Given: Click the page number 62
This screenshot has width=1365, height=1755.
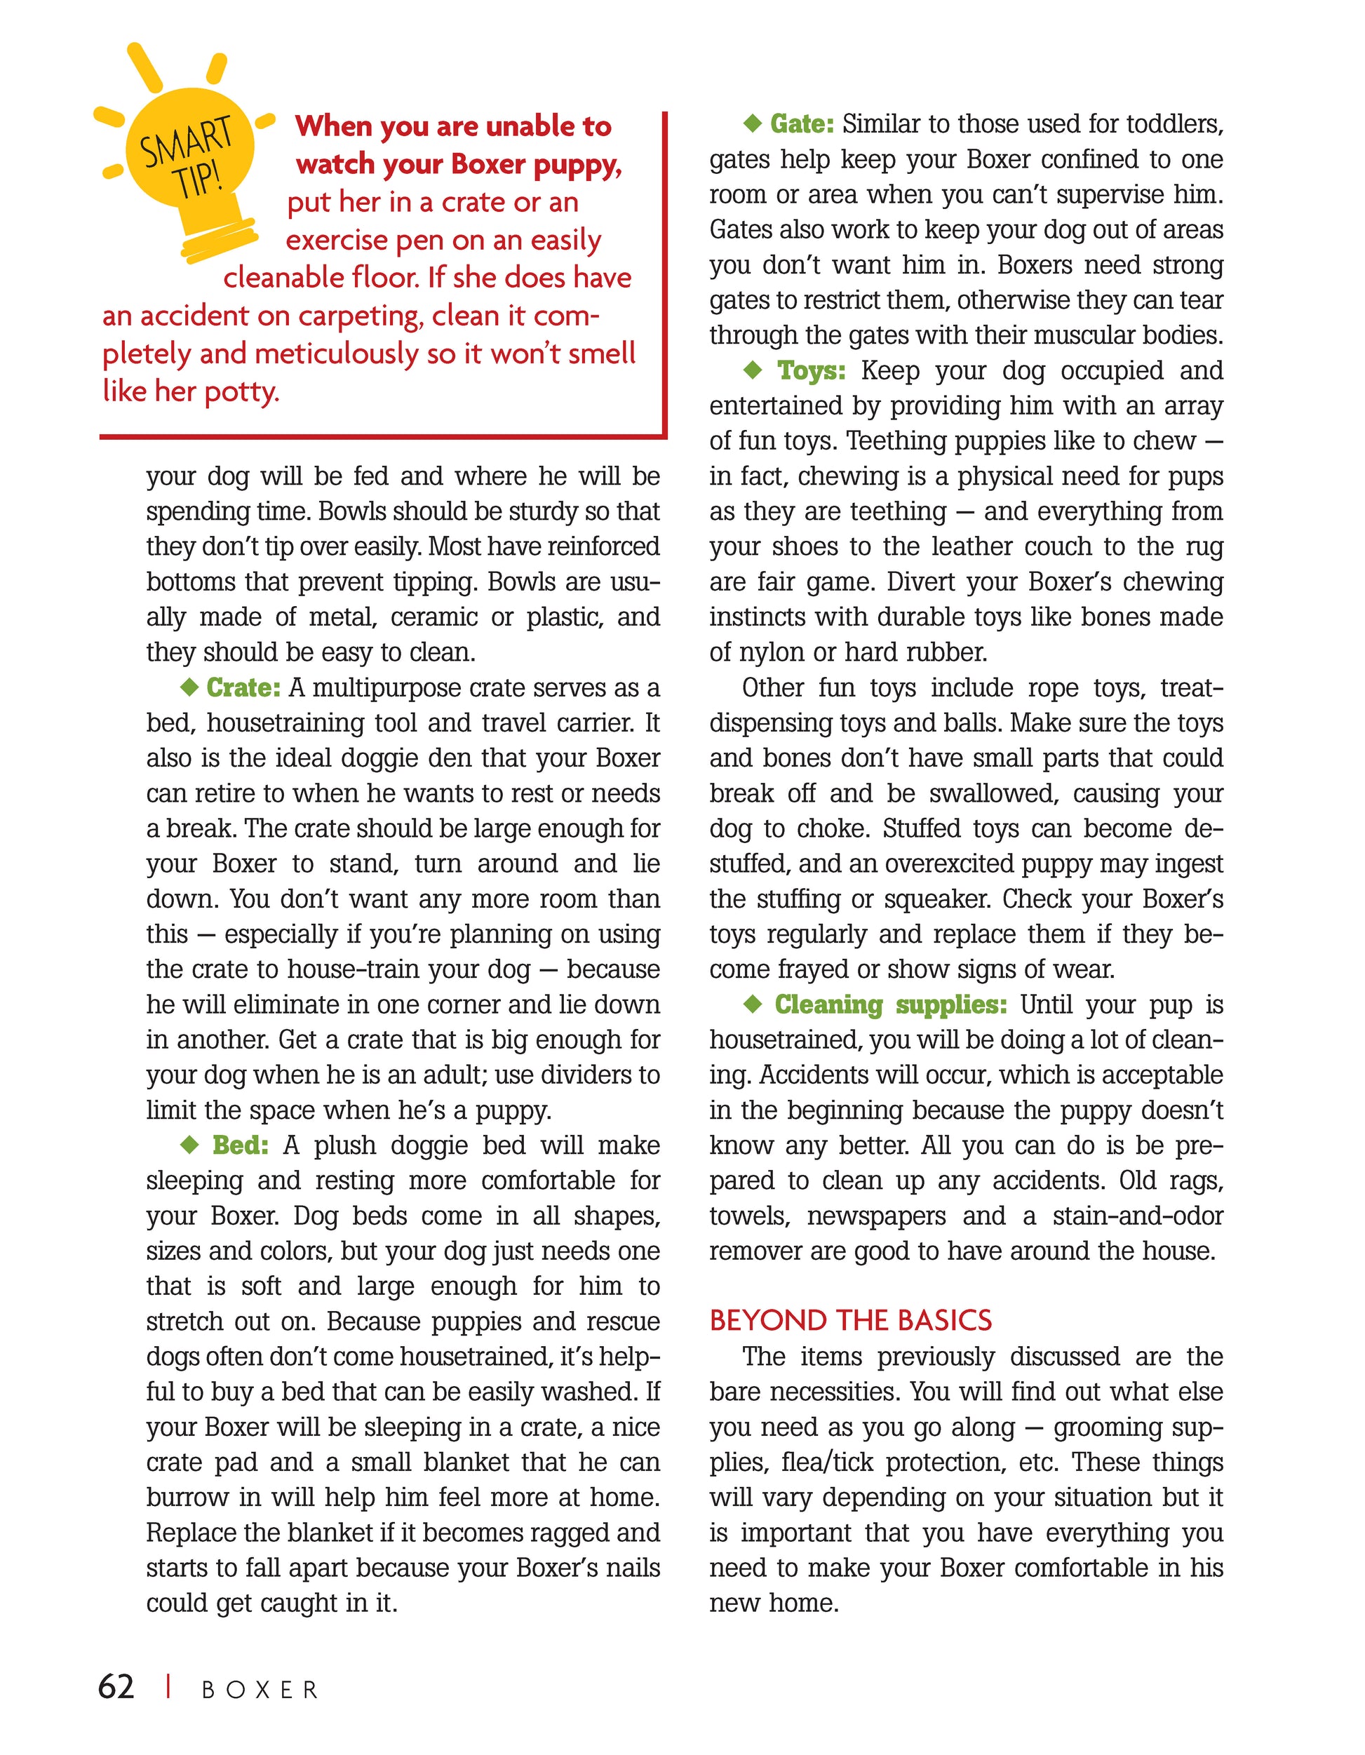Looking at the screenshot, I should [116, 1686].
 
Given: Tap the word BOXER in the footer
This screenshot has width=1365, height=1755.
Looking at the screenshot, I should [260, 1689].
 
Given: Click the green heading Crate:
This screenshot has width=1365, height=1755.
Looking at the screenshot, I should [243, 688].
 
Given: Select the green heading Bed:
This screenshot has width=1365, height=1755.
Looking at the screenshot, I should [240, 1145].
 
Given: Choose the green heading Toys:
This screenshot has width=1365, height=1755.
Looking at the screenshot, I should [812, 370].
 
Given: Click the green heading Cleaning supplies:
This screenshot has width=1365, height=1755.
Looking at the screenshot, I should [890, 1004].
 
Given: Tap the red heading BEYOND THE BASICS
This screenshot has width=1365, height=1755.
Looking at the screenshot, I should [851, 1320].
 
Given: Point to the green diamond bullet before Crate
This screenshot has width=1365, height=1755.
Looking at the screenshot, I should [189, 687].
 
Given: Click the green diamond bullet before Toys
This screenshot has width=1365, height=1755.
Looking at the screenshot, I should [753, 370].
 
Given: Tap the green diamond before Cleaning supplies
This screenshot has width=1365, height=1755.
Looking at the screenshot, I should [753, 1004].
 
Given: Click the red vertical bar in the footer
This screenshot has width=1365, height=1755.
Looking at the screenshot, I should [168, 1687].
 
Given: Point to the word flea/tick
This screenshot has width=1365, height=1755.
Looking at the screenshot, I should [828, 1462].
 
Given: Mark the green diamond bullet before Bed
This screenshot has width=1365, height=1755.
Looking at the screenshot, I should [189, 1144].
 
